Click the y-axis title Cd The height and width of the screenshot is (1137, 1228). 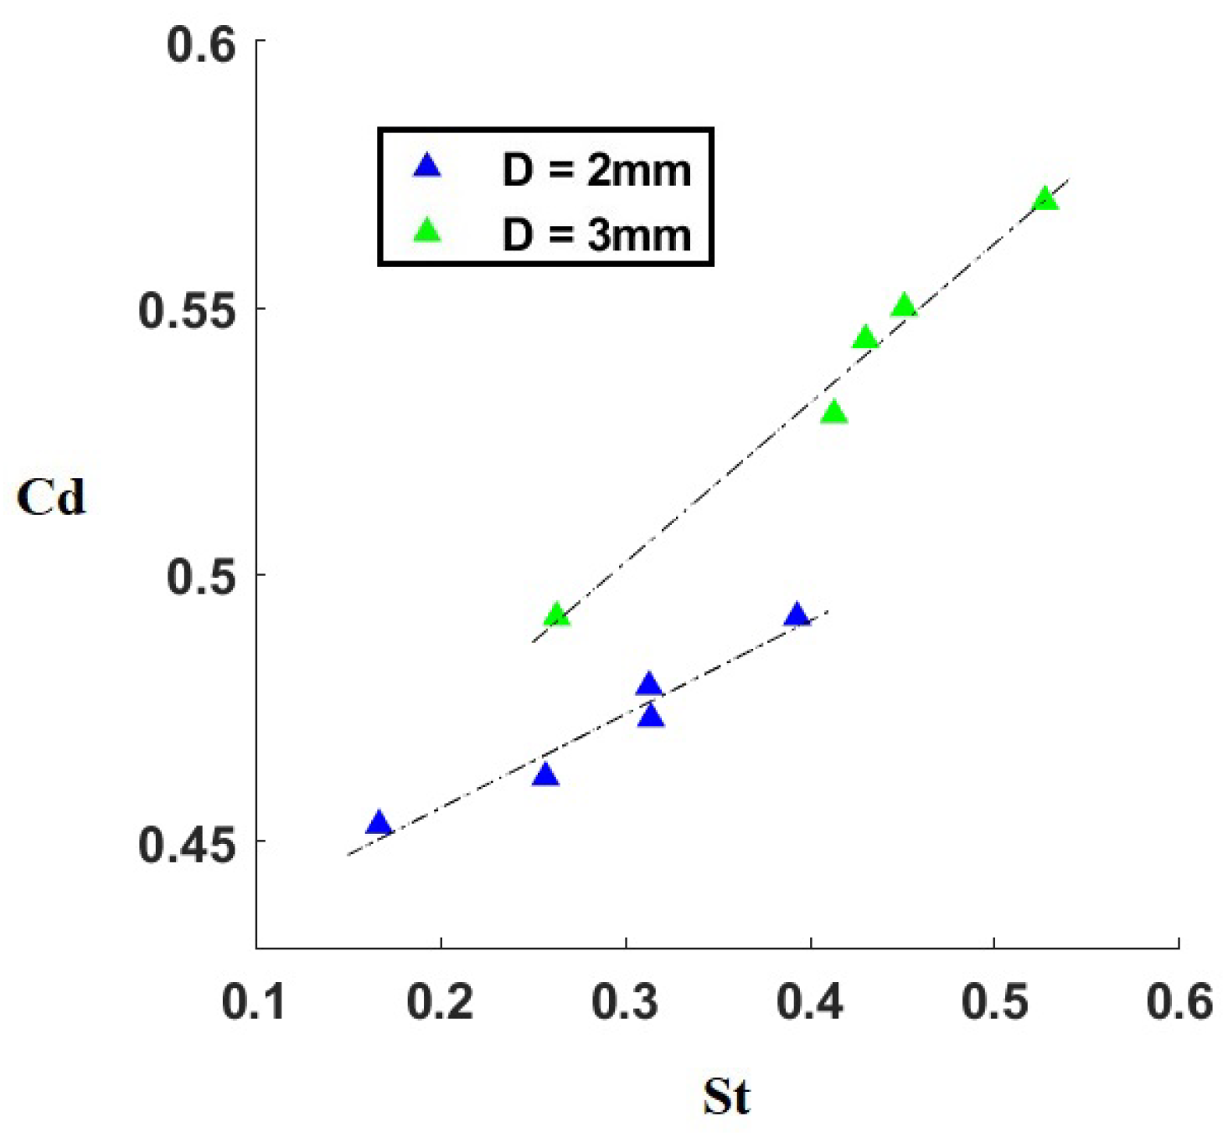(x=51, y=498)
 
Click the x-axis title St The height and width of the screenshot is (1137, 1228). (x=726, y=1096)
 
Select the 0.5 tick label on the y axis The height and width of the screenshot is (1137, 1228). (x=201, y=577)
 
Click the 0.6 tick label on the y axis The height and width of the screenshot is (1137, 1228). (x=201, y=44)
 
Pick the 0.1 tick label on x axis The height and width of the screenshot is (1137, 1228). (x=255, y=1001)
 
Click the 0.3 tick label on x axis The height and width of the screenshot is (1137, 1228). (x=625, y=1001)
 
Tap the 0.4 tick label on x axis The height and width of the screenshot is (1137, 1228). (x=810, y=1001)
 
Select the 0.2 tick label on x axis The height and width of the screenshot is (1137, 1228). (x=440, y=1001)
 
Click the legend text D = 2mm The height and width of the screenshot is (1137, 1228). (x=596, y=170)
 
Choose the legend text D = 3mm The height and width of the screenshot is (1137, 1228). (x=596, y=234)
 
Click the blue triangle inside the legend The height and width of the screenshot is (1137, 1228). (x=427, y=166)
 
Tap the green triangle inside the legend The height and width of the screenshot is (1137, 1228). (x=427, y=230)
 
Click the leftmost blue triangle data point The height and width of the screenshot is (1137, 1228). (x=379, y=824)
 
